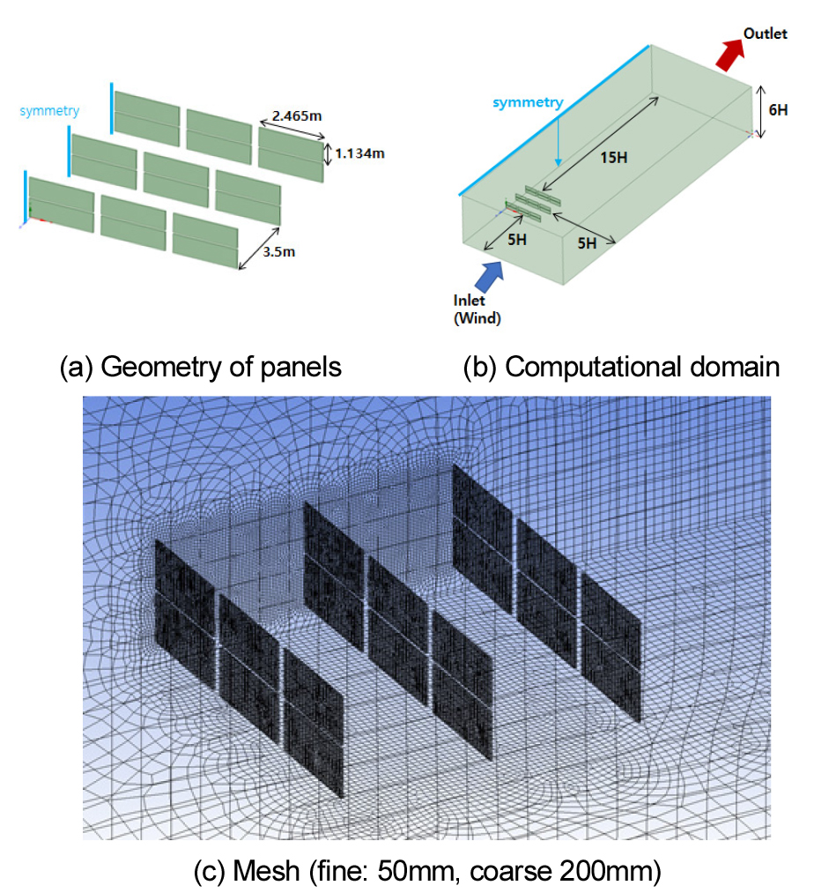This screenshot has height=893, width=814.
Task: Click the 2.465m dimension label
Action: click(297, 115)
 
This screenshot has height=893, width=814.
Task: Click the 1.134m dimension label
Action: click(359, 153)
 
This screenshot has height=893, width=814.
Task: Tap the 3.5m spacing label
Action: click(279, 252)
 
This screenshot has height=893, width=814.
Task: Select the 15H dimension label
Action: click(614, 157)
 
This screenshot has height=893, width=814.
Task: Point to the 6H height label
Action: click(778, 110)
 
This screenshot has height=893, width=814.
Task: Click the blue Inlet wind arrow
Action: click(490, 276)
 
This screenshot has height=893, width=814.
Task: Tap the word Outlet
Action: click(765, 33)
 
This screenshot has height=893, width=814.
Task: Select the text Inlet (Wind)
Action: click(477, 309)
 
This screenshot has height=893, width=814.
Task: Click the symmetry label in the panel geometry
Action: click(49, 110)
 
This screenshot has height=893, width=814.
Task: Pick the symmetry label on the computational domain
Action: click(528, 102)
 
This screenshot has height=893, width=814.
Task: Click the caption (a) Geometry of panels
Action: click(200, 367)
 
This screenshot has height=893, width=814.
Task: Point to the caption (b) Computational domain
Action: click(621, 367)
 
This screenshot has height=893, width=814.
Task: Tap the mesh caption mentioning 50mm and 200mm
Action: click(427, 871)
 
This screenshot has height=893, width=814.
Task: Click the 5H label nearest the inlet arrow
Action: click(517, 240)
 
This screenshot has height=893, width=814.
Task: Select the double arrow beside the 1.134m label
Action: click(328, 153)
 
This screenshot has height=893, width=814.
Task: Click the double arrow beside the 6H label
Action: click(760, 112)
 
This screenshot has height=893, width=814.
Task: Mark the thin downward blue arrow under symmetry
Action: click(559, 138)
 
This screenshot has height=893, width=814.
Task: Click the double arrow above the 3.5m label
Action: click(259, 249)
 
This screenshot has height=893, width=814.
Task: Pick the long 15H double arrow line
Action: click(601, 144)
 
